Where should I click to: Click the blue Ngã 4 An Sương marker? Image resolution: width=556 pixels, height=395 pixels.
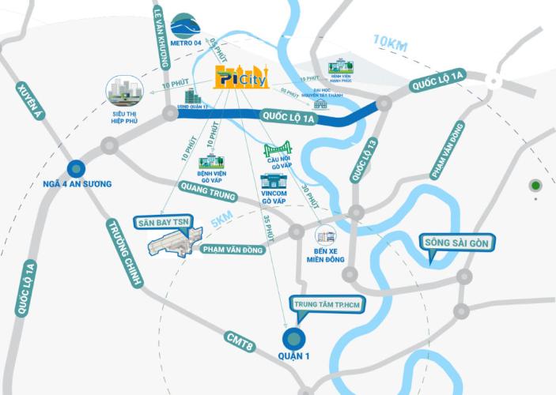click(x=76, y=167)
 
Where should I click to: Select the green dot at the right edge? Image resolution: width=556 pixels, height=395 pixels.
click(x=535, y=186)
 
